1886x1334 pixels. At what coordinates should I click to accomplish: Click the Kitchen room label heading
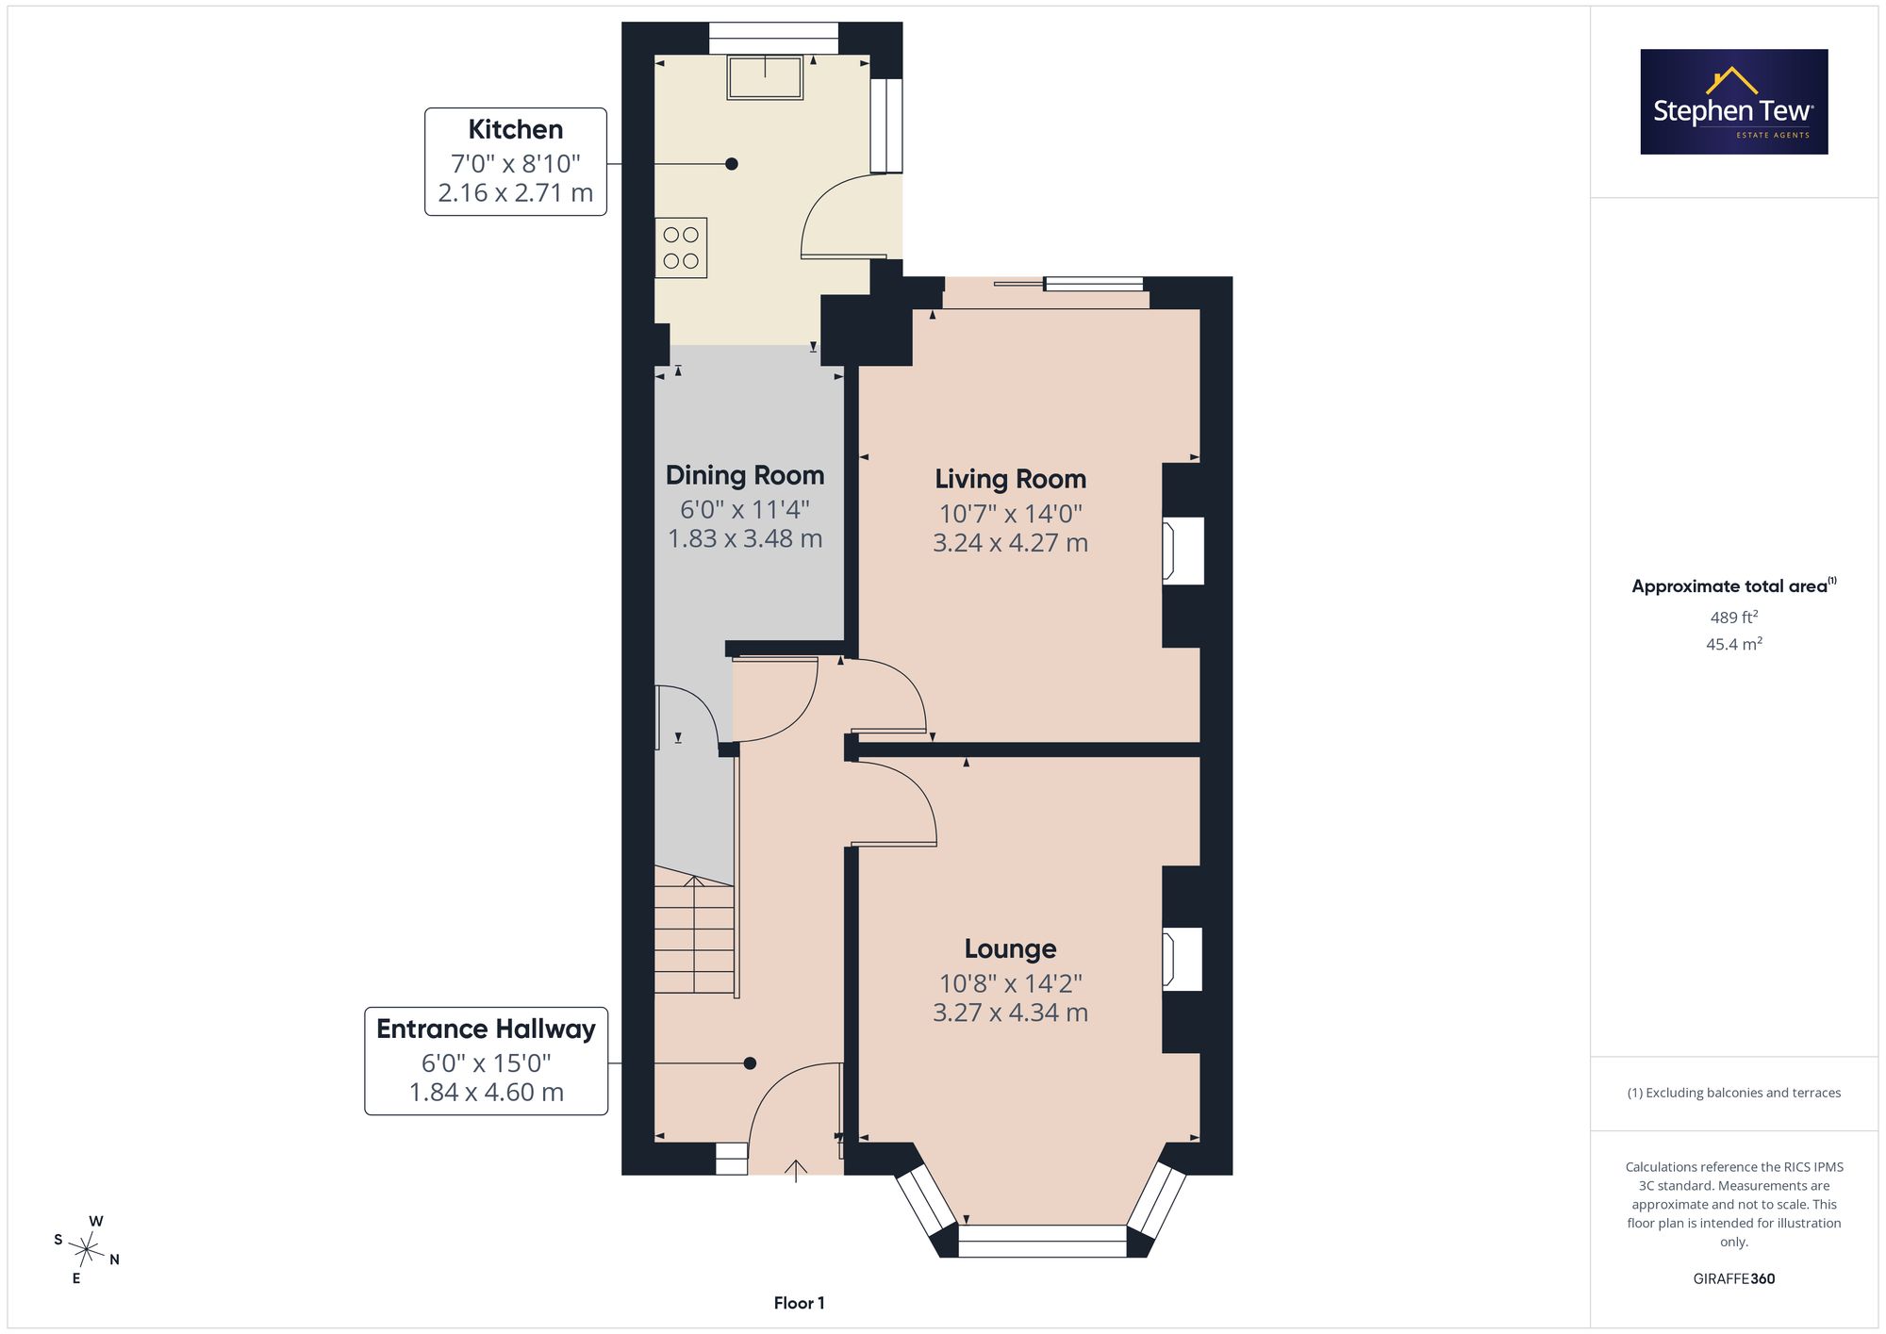pos(516,129)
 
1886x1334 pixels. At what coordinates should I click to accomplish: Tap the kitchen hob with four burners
pos(681,248)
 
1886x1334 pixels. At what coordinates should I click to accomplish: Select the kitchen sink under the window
pos(765,77)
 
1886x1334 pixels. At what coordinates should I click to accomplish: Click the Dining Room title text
pos(745,475)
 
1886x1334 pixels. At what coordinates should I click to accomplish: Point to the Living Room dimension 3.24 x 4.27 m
pos(1011,543)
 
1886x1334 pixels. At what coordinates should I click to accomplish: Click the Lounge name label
pos(1011,948)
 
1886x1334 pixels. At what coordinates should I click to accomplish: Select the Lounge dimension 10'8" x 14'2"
pos(1011,983)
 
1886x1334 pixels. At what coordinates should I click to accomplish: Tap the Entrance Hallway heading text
pos(487,1029)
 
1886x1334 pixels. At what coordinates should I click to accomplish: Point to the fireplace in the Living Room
pos(1183,551)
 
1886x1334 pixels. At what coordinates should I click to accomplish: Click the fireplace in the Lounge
pos(1183,960)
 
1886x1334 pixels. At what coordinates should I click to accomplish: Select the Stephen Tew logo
pos(1734,102)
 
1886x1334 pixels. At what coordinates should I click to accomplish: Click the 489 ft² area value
pos(1734,618)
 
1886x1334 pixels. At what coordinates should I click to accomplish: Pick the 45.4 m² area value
pos(1734,645)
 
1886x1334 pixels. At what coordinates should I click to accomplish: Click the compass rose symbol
pos(87,1251)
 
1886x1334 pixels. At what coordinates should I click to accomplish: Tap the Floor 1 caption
pos(800,1303)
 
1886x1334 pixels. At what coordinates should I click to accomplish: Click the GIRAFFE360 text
pos(1734,1279)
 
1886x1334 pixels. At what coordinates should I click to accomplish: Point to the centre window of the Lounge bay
pos(1042,1241)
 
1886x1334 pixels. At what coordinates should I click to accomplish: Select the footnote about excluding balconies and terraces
pos(1734,1093)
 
